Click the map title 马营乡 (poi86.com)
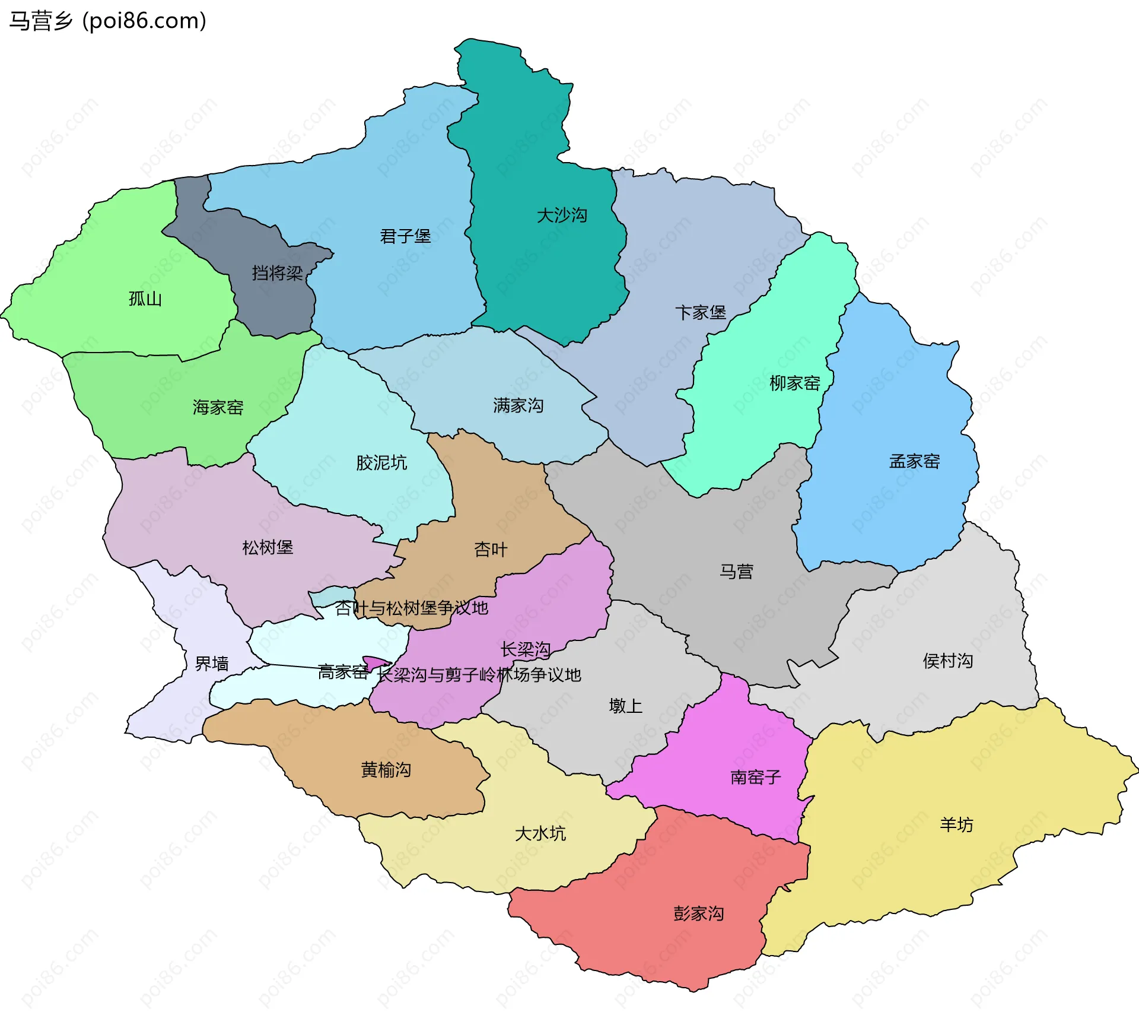(x=107, y=21)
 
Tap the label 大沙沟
(x=562, y=215)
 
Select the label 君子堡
(x=405, y=236)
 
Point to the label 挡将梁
(x=277, y=273)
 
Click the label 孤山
(x=145, y=299)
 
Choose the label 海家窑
(x=218, y=407)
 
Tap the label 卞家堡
(x=701, y=312)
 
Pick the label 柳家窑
(x=795, y=383)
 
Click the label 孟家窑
(x=914, y=461)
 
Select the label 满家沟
(x=518, y=405)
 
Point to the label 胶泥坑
(x=381, y=462)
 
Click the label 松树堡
(x=268, y=547)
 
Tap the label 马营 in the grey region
(x=736, y=572)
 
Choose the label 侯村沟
(x=948, y=661)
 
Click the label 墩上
(x=626, y=706)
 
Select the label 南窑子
(x=756, y=777)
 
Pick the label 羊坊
(x=956, y=824)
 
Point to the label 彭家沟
(x=698, y=913)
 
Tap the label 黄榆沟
(x=386, y=770)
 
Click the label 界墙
(x=212, y=664)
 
